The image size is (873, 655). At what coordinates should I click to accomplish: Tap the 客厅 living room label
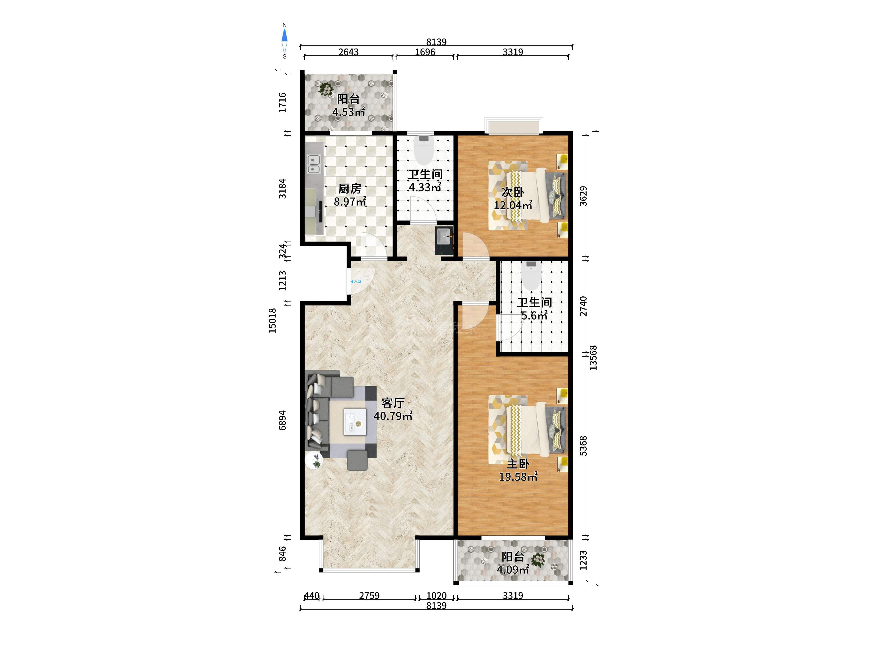(393, 403)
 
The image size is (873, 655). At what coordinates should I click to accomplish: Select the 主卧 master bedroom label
(518, 463)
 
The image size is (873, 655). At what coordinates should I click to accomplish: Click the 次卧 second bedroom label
(513, 192)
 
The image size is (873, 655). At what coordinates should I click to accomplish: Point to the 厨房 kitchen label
(350, 189)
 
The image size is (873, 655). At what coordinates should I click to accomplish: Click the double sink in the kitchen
(314, 164)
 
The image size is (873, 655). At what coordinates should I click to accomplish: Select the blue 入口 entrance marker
(356, 282)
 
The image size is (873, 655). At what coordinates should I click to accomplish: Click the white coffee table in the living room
(355, 422)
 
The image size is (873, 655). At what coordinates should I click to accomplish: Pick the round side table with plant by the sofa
(315, 460)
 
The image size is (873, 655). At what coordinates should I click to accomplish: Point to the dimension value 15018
(273, 320)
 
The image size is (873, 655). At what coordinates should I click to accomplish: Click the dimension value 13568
(593, 358)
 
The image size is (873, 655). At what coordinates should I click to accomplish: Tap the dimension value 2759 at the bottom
(369, 595)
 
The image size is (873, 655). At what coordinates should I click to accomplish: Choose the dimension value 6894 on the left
(282, 421)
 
